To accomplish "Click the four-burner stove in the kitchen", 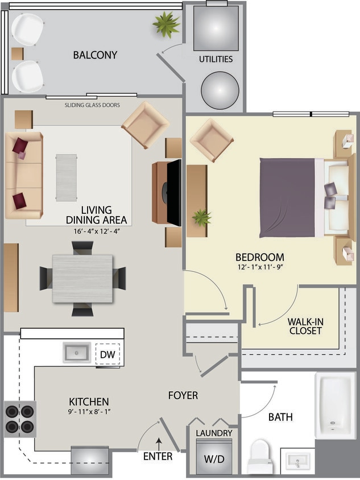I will click(x=20, y=418).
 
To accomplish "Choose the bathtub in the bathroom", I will click(x=336, y=405).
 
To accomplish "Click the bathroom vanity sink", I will click(x=298, y=460).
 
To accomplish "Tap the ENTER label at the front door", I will click(x=158, y=456).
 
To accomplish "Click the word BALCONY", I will click(x=95, y=55).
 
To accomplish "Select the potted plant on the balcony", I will click(x=167, y=24).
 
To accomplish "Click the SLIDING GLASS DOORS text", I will click(x=92, y=105).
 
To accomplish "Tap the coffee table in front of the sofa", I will click(x=67, y=177).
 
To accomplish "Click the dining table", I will click(x=82, y=279).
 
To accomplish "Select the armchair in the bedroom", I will click(x=211, y=139).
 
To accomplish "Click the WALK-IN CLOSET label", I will click(x=305, y=326).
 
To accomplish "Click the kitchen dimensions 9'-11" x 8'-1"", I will click(x=89, y=411).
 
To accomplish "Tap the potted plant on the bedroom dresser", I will click(x=201, y=217).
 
